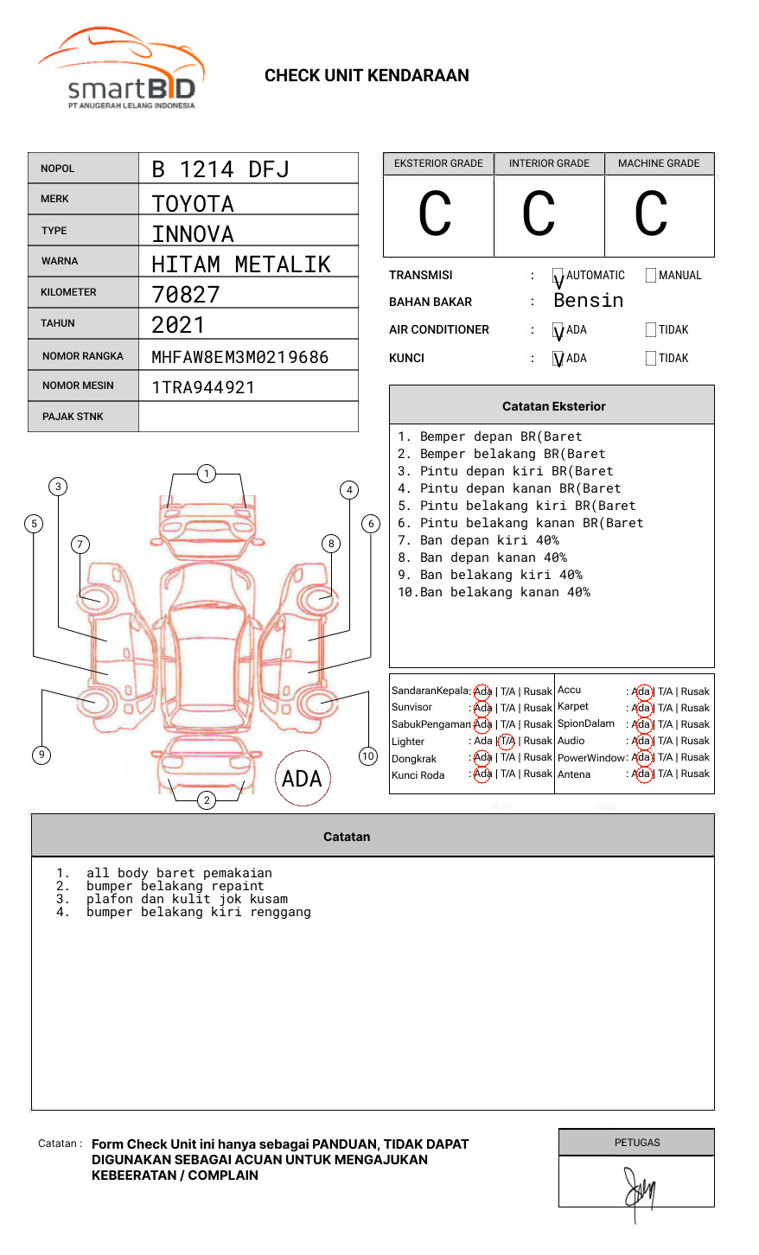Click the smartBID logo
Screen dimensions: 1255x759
pos(122,70)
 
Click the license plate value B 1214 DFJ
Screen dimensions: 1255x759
pos(220,169)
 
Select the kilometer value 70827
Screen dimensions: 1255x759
pos(186,295)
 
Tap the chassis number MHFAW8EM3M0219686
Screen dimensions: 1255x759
pos(239,357)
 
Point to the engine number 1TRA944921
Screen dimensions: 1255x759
pos(203,387)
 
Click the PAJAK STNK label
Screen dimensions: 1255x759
pos(73,417)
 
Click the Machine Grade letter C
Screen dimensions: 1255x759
pos(651,214)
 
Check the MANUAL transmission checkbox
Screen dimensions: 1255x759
pos(651,276)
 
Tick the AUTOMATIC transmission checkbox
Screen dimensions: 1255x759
pos(558,276)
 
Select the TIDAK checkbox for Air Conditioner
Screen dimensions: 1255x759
pos(651,330)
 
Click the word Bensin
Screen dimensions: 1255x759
pos(588,301)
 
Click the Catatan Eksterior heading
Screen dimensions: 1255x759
pos(553,406)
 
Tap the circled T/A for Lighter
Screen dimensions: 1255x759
pos(507,741)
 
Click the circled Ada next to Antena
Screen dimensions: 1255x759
pos(641,774)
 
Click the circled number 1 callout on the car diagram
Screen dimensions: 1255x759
pos(206,474)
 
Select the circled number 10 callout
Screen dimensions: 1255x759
pos(368,756)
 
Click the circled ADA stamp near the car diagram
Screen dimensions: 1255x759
pos(302,779)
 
